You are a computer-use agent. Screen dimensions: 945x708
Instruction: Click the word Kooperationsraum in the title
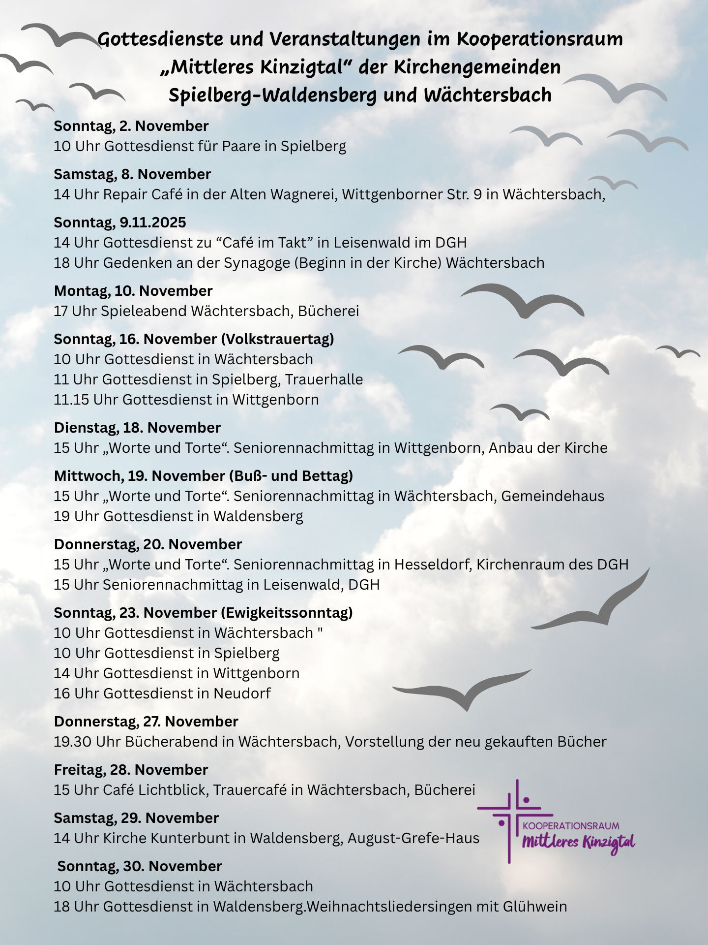pyautogui.click(x=539, y=39)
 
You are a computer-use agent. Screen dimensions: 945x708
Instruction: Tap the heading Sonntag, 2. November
pyautogui.click(x=131, y=126)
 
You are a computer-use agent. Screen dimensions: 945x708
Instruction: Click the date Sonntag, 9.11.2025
pyautogui.click(x=120, y=222)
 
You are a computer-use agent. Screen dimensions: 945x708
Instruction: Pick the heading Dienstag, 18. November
pyautogui.click(x=137, y=428)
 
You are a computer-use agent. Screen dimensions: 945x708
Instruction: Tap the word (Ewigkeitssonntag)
pyautogui.click(x=287, y=613)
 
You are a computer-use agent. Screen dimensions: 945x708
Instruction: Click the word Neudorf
pyautogui.click(x=242, y=693)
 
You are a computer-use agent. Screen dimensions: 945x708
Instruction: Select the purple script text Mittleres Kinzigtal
pyautogui.click(x=578, y=843)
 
